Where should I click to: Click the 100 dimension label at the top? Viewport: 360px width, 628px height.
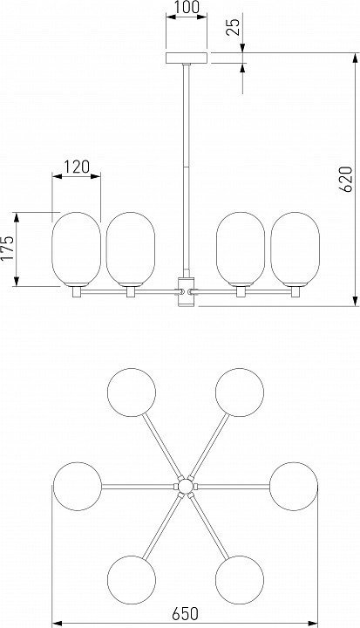pos(187,7)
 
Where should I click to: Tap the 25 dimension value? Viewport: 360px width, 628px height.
pos(234,25)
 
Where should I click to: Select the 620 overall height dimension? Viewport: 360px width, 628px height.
pos(346,179)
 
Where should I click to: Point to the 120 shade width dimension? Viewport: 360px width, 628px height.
pos(77,167)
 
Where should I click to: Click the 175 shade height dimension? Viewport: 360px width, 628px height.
pos(7,249)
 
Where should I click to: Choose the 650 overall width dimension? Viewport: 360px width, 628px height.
pos(186,613)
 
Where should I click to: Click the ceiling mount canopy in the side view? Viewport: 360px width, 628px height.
pos(187,58)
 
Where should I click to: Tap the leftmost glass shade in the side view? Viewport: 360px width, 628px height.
pos(76,249)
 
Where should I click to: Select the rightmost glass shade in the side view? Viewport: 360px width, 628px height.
pos(295,249)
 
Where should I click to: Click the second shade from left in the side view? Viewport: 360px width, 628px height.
pos(131,249)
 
